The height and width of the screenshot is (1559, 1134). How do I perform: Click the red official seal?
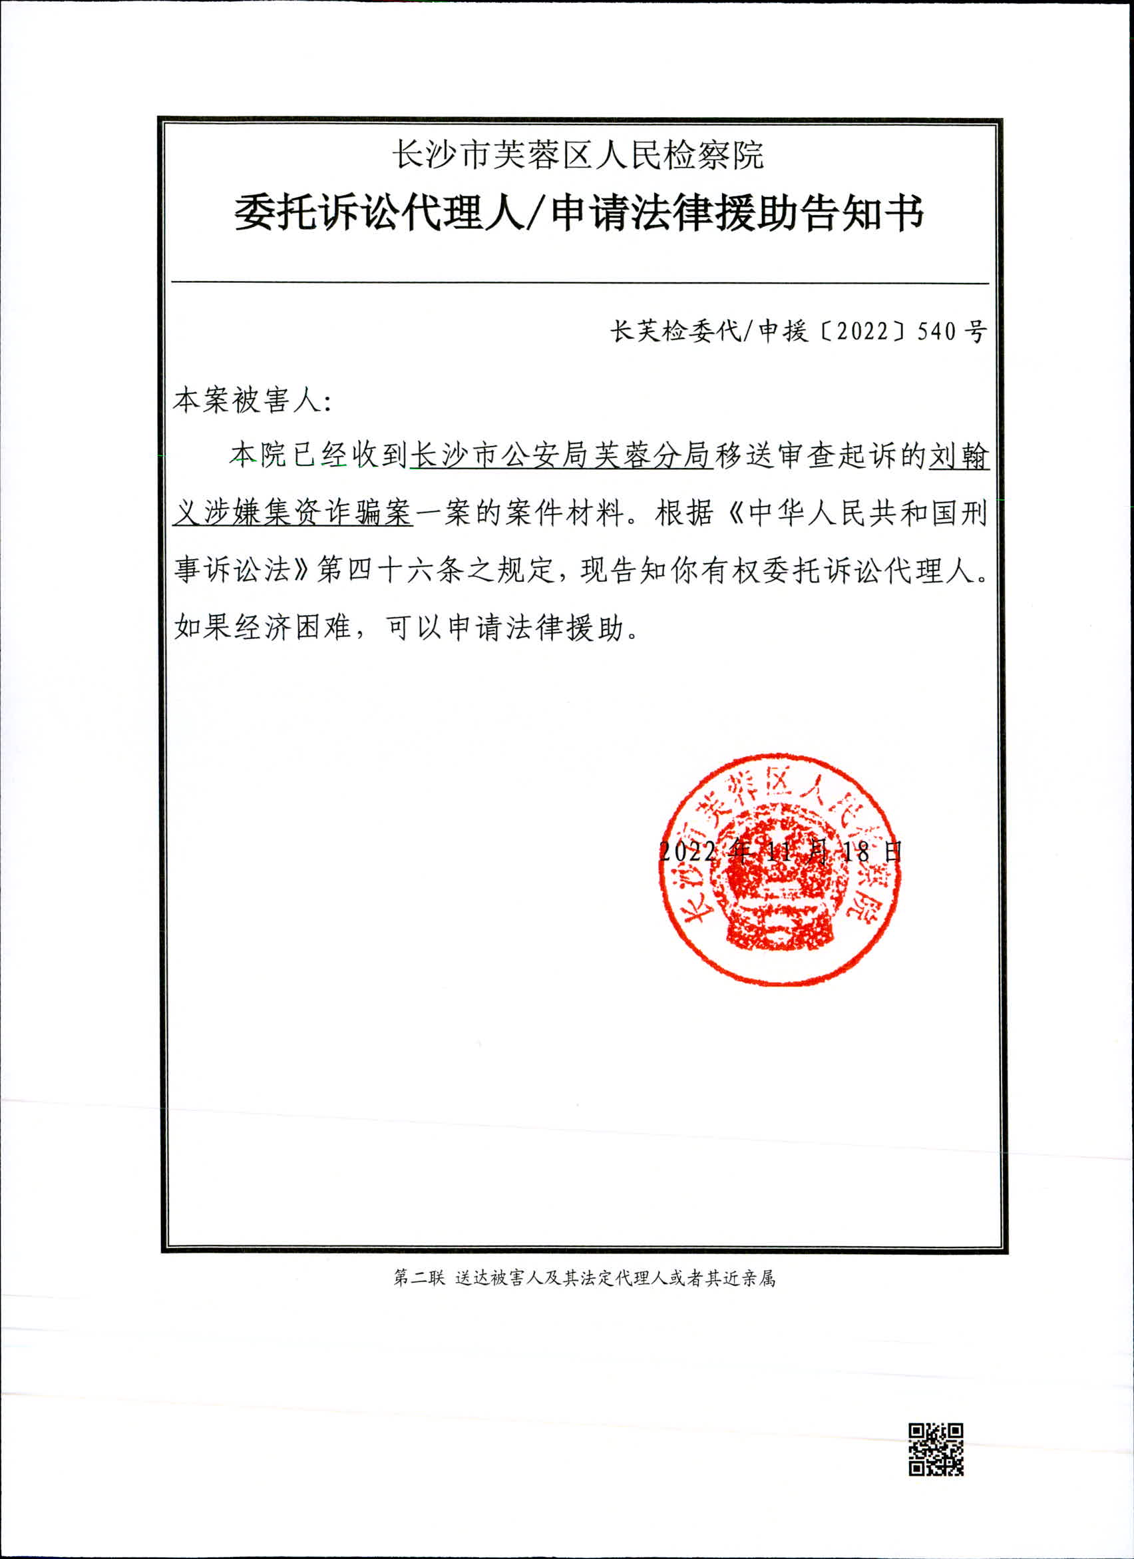coord(780,869)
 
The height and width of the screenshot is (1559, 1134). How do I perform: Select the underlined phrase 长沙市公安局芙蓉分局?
coord(561,456)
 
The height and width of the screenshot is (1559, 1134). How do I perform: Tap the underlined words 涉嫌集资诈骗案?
coord(308,513)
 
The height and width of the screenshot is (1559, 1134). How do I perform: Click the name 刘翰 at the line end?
coord(959,456)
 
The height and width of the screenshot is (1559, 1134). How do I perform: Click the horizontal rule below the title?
coord(580,282)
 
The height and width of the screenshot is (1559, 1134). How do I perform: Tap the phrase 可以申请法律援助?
coord(504,627)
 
